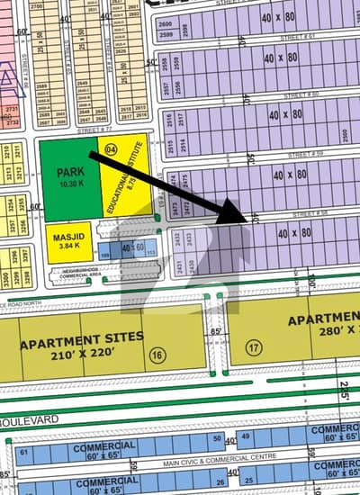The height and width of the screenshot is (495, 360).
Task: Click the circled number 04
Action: pos(111,149)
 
